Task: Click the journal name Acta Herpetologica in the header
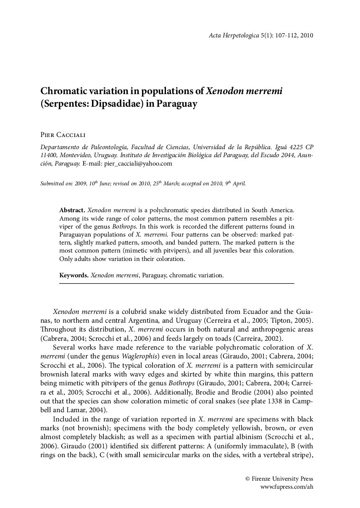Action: coord(234,36)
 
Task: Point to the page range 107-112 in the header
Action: coord(285,36)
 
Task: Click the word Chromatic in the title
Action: coord(62,91)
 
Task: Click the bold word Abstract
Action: coord(72,209)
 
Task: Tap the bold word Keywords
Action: coord(74,276)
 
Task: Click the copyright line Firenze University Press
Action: coord(279,479)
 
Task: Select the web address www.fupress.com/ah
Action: coord(287,487)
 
